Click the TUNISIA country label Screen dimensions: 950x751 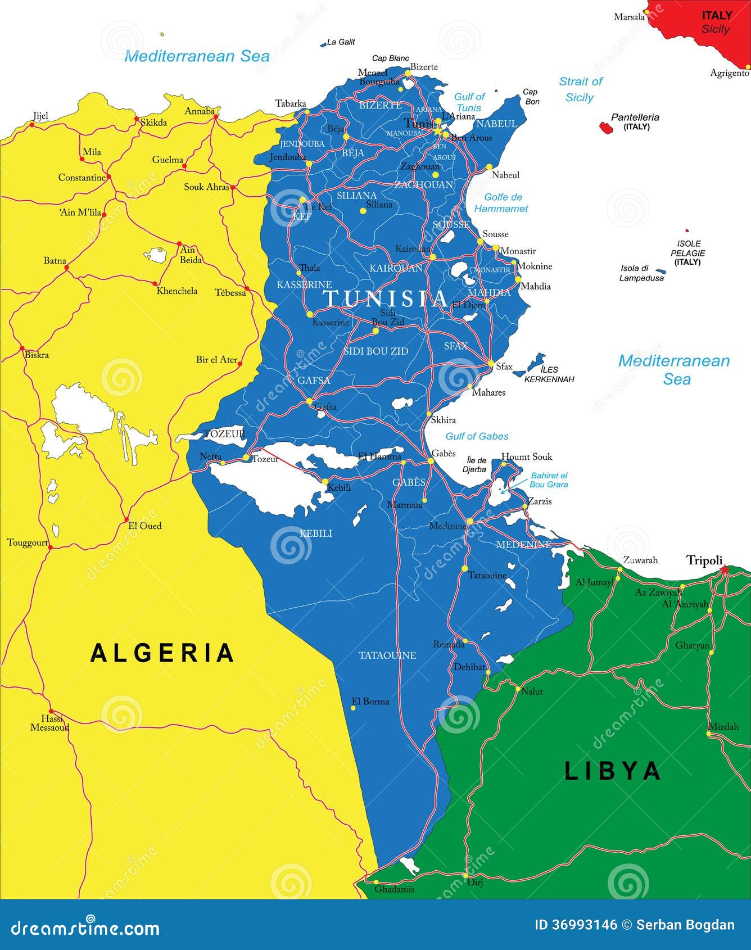[x=386, y=298]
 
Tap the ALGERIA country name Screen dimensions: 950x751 [x=162, y=653]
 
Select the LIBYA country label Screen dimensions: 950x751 [x=612, y=771]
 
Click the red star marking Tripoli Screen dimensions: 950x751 [x=724, y=569]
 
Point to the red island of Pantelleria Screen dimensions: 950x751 [x=606, y=128]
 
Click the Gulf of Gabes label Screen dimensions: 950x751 [x=477, y=436]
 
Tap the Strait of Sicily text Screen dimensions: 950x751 [x=580, y=89]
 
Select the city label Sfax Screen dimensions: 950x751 [x=504, y=367]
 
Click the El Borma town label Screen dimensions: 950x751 [x=370, y=701]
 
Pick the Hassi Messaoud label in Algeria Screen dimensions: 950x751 [x=50, y=723]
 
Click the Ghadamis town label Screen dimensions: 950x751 [x=394, y=889]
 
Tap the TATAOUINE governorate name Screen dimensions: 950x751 [x=387, y=655]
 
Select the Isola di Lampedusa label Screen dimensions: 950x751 [x=641, y=273]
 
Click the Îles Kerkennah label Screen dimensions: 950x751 [x=549, y=374]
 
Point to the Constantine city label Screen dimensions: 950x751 [x=82, y=178]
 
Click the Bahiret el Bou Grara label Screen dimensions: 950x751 [x=549, y=479]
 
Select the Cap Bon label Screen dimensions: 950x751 [x=531, y=97]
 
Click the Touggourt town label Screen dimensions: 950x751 [x=27, y=542]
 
